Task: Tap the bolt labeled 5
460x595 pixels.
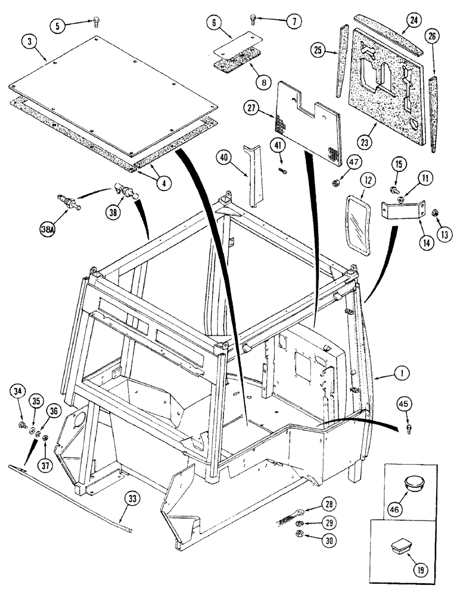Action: coord(96,22)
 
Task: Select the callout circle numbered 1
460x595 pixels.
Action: coord(403,374)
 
